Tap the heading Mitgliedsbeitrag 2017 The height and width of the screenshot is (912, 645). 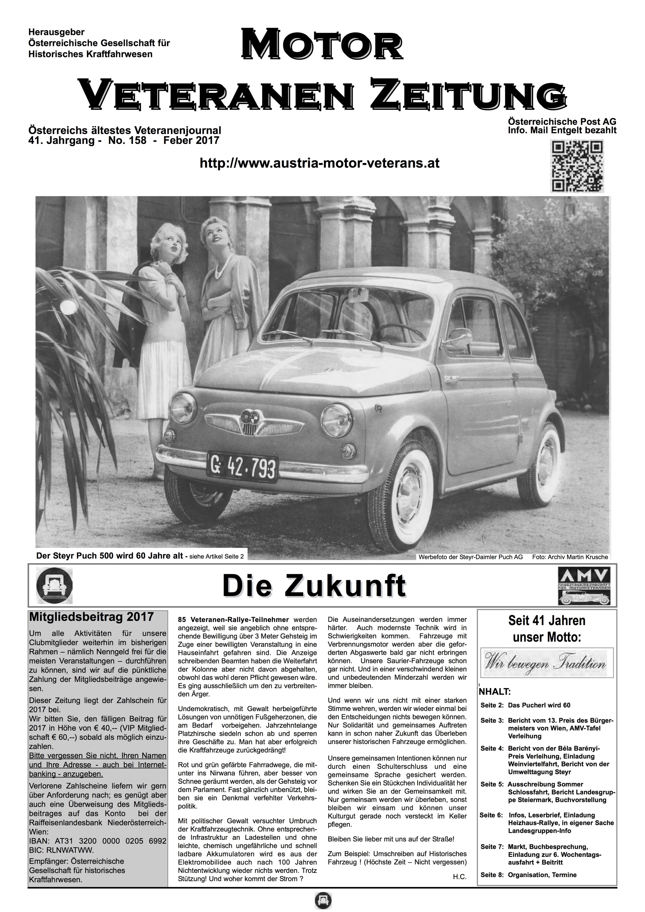click(x=91, y=617)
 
